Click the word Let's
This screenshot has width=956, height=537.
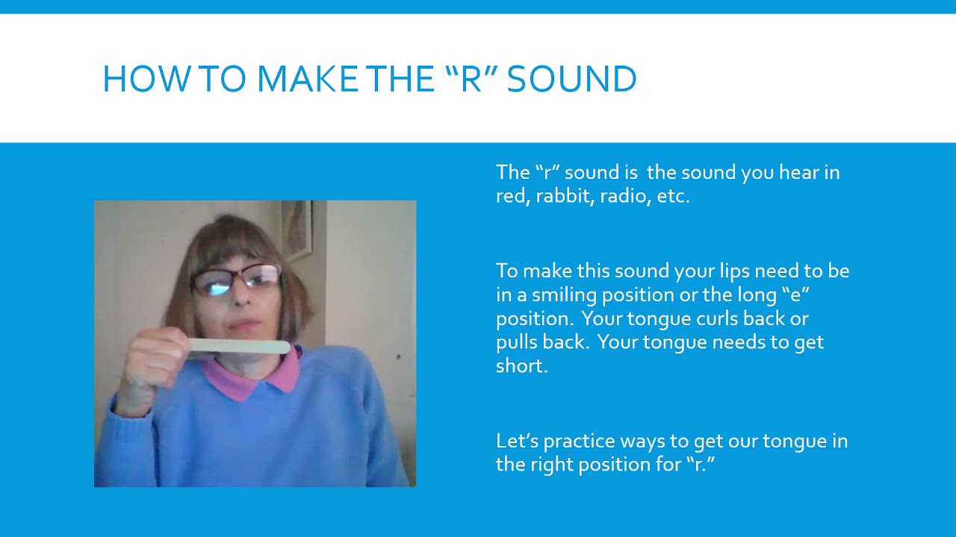tap(517, 441)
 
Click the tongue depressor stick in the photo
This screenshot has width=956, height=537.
tap(239, 346)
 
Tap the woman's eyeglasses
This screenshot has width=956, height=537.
tap(236, 280)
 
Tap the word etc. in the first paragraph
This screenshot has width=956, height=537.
tap(674, 198)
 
